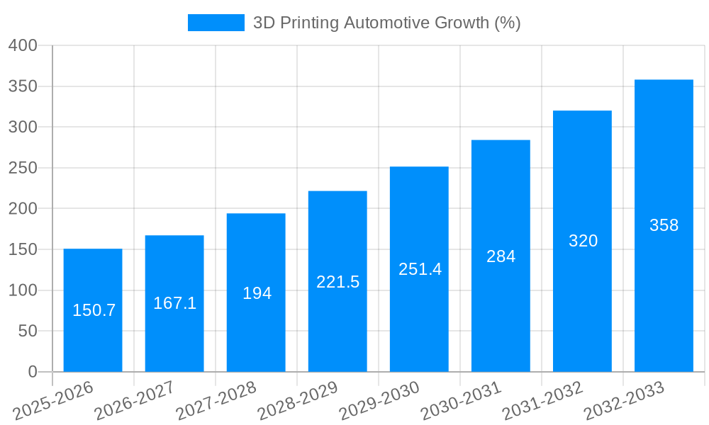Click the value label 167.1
click(x=174, y=303)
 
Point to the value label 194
click(x=257, y=293)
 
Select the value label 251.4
click(x=420, y=269)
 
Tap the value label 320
click(x=583, y=241)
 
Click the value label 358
click(x=664, y=225)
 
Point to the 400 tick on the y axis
click(x=23, y=45)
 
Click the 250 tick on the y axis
click(x=23, y=168)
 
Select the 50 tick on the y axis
click(x=27, y=331)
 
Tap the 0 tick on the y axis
click(x=32, y=372)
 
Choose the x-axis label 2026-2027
click(x=135, y=401)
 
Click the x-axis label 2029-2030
click(x=380, y=401)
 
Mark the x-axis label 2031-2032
click(x=543, y=401)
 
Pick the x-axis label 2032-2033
click(x=625, y=401)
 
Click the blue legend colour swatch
click(x=216, y=23)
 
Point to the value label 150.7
click(x=94, y=310)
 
